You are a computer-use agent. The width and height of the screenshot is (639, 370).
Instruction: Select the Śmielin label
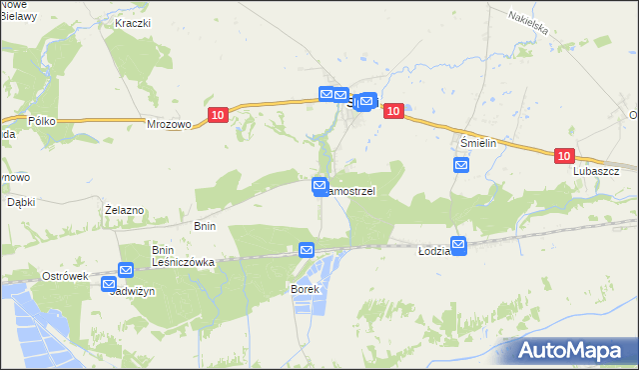coord(478,143)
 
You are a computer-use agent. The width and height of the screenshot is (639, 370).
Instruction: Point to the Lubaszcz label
coord(596,171)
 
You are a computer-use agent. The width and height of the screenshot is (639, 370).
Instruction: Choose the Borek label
coord(304,289)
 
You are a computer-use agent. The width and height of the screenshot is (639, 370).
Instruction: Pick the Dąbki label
coord(21,201)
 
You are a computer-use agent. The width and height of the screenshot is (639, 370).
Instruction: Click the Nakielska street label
coord(528,23)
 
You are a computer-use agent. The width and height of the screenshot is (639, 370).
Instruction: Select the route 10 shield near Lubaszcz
coord(564,156)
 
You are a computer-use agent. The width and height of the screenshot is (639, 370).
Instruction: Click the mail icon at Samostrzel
coord(319,185)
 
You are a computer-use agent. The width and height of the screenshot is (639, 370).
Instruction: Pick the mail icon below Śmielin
coord(460,165)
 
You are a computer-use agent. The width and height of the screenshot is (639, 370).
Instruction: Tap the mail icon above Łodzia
coord(458,243)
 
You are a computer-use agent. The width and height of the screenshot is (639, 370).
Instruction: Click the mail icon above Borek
coord(307,250)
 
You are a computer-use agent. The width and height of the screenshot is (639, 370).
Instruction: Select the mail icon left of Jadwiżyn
coord(109,284)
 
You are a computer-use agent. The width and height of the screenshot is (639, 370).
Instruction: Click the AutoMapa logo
coord(574,351)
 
